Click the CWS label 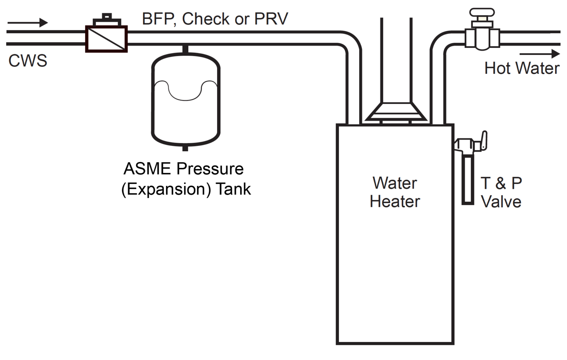[28, 61]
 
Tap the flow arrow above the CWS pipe [28, 23]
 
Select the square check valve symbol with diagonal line [106, 39]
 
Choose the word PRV [271, 19]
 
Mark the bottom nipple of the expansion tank [185, 148]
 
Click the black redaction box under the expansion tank [184, 186]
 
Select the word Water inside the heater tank [395, 183]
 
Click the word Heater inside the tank [395, 202]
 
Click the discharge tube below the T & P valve [468, 179]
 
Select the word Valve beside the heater [501, 202]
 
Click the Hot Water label [522, 69]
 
